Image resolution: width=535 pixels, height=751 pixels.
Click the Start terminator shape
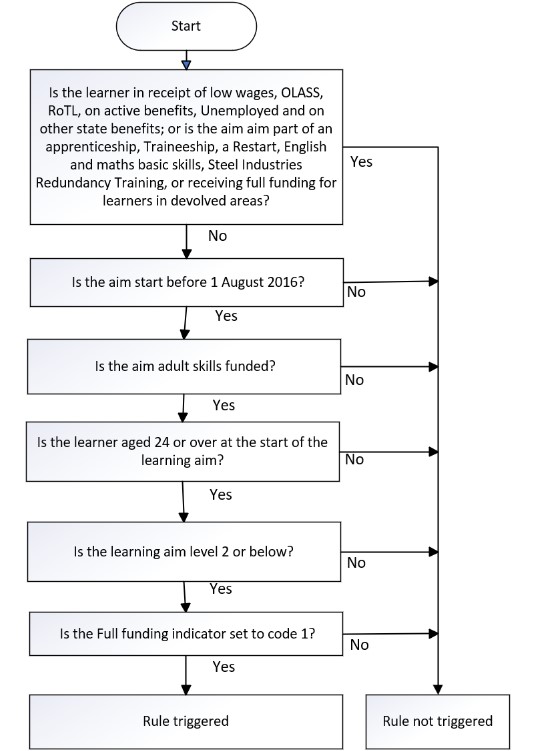(186, 26)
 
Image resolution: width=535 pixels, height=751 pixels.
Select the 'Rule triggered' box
(186, 721)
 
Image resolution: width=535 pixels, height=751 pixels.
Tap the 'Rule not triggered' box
(437, 721)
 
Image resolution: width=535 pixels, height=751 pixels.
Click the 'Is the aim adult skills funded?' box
(184, 366)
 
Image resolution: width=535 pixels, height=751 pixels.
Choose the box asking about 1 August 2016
(187, 282)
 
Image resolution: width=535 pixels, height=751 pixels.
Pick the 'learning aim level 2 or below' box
(184, 552)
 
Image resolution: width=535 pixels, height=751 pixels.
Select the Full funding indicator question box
(186, 634)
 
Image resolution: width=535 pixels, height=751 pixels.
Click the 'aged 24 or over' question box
(182, 451)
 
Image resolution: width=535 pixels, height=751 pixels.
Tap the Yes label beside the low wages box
(361, 162)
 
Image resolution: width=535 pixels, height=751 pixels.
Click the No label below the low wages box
(217, 236)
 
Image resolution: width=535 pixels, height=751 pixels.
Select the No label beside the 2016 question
(356, 292)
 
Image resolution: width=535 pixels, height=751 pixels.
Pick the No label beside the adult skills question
(354, 380)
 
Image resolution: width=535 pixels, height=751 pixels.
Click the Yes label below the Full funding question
(224, 667)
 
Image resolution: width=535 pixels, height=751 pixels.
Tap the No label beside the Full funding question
(359, 645)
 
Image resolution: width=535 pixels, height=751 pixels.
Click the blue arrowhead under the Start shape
(187, 65)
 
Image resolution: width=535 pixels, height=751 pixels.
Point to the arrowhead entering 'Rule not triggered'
(437, 690)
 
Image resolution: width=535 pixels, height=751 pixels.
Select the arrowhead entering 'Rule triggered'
(186, 690)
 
